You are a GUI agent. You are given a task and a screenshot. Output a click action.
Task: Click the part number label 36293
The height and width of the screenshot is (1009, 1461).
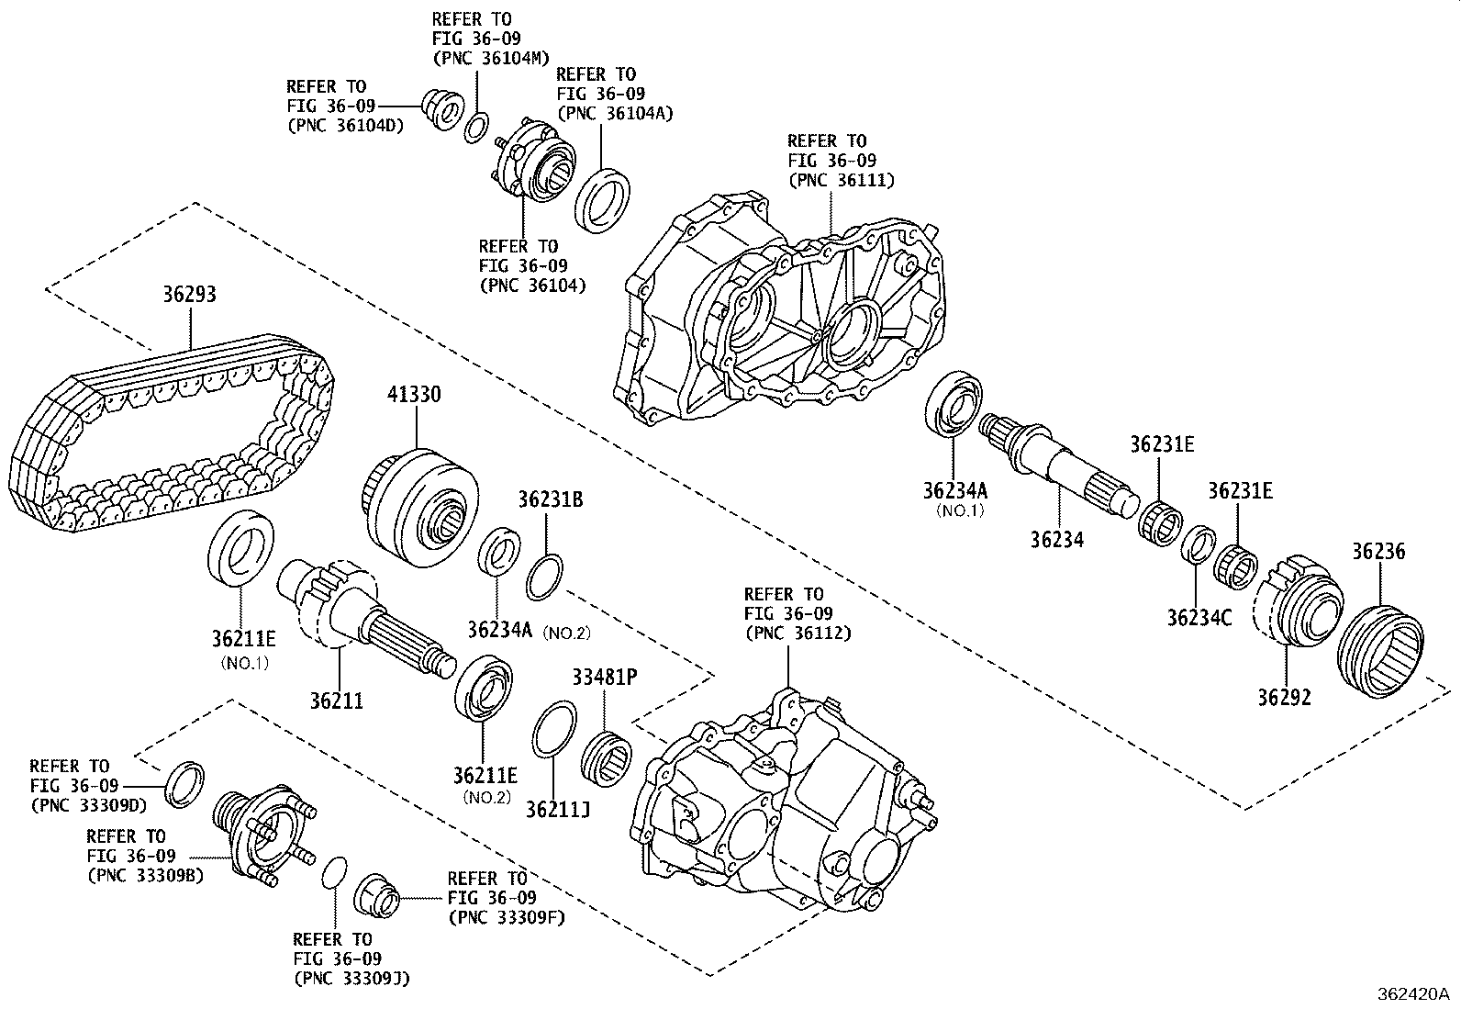[x=190, y=295]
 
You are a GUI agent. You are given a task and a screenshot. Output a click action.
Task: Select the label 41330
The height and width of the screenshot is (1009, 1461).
[x=413, y=395]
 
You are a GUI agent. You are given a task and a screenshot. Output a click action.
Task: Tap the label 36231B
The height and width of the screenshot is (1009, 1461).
[x=550, y=500]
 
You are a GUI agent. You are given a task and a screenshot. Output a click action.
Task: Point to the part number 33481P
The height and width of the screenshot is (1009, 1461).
[x=604, y=678]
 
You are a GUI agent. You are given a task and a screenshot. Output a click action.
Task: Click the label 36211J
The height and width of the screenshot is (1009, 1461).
[x=558, y=808]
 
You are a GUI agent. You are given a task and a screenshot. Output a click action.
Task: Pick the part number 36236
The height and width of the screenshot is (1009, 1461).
[x=1377, y=552]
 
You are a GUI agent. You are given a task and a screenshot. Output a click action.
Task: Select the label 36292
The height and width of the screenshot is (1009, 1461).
[x=1284, y=697]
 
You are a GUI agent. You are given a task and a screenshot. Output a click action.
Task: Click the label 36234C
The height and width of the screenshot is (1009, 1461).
[x=1199, y=617]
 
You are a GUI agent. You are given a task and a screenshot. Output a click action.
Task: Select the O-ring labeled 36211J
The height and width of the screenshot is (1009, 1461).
[x=554, y=730]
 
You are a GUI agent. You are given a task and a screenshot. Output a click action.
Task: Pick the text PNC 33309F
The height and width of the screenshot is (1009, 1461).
[x=506, y=916]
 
